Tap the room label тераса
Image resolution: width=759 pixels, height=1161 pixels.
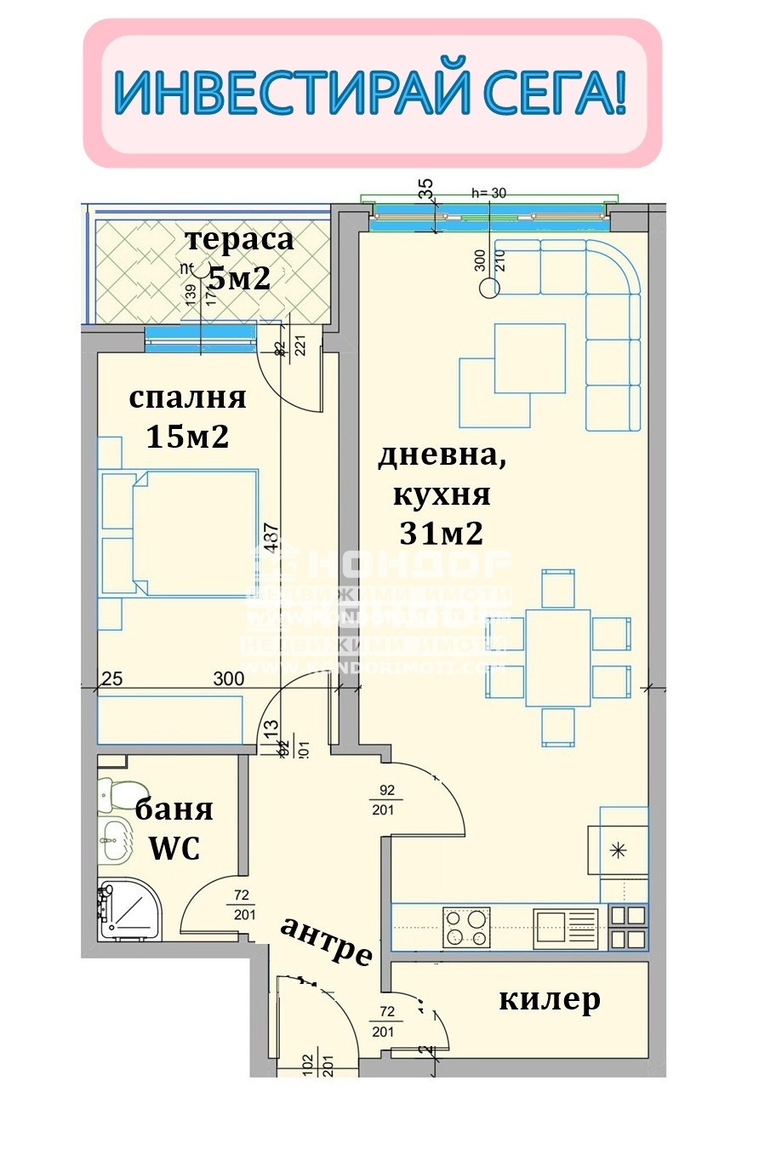tap(240, 239)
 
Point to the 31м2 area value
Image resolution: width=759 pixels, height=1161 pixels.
tap(442, 534)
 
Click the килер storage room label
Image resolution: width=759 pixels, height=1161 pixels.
tap(549, 999)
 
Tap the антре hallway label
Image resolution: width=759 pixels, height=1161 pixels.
tap(327, 940)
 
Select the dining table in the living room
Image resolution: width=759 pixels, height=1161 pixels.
tap(557, 657)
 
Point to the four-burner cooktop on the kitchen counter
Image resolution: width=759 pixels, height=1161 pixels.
tap(465, 927)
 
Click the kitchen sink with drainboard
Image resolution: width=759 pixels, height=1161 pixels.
tap(566, 927)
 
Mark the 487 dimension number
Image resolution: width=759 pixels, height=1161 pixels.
tap(271, 538)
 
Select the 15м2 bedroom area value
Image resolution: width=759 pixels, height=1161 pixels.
tap(187, 437)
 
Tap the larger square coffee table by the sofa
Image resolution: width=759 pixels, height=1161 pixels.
tap(529, 358)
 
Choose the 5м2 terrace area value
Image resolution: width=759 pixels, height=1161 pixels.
tap(240, 278)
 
